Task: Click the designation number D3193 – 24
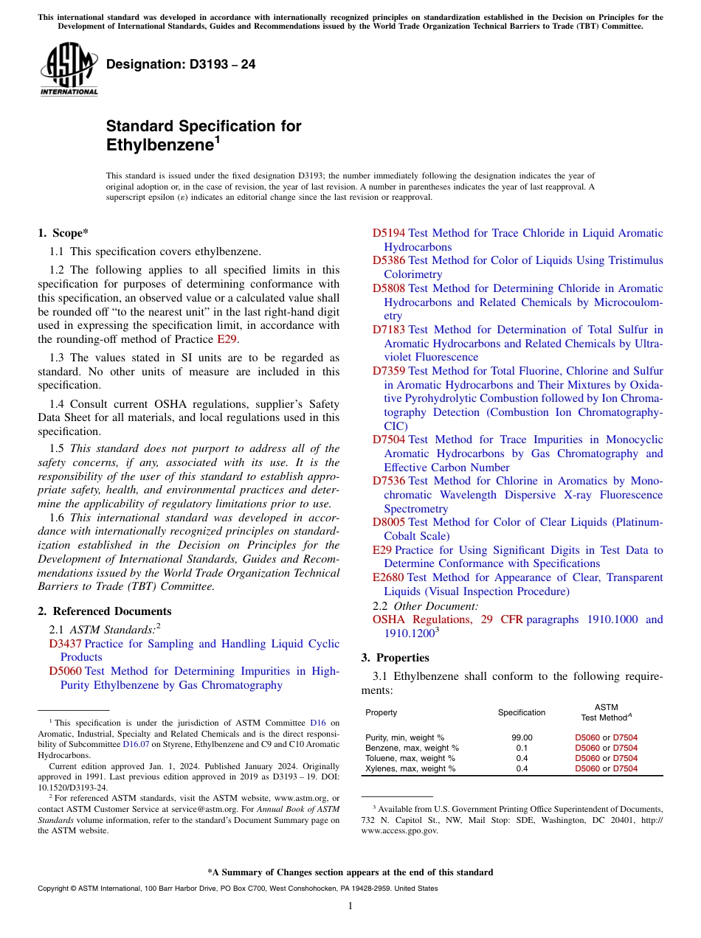[181, 64]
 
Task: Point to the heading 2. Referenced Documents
[104, 611]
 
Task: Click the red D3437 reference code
[65, 644]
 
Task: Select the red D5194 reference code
[388, 233]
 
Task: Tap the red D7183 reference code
[388, 330]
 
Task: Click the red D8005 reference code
[388, 522]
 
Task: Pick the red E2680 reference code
[388, 577]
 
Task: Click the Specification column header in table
[522, 712]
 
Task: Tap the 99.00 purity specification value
[522, 737]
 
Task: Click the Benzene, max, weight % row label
[412, 748]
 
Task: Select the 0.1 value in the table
[522, 748]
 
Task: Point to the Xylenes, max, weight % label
[410, 768]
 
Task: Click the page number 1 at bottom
[350, 906]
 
